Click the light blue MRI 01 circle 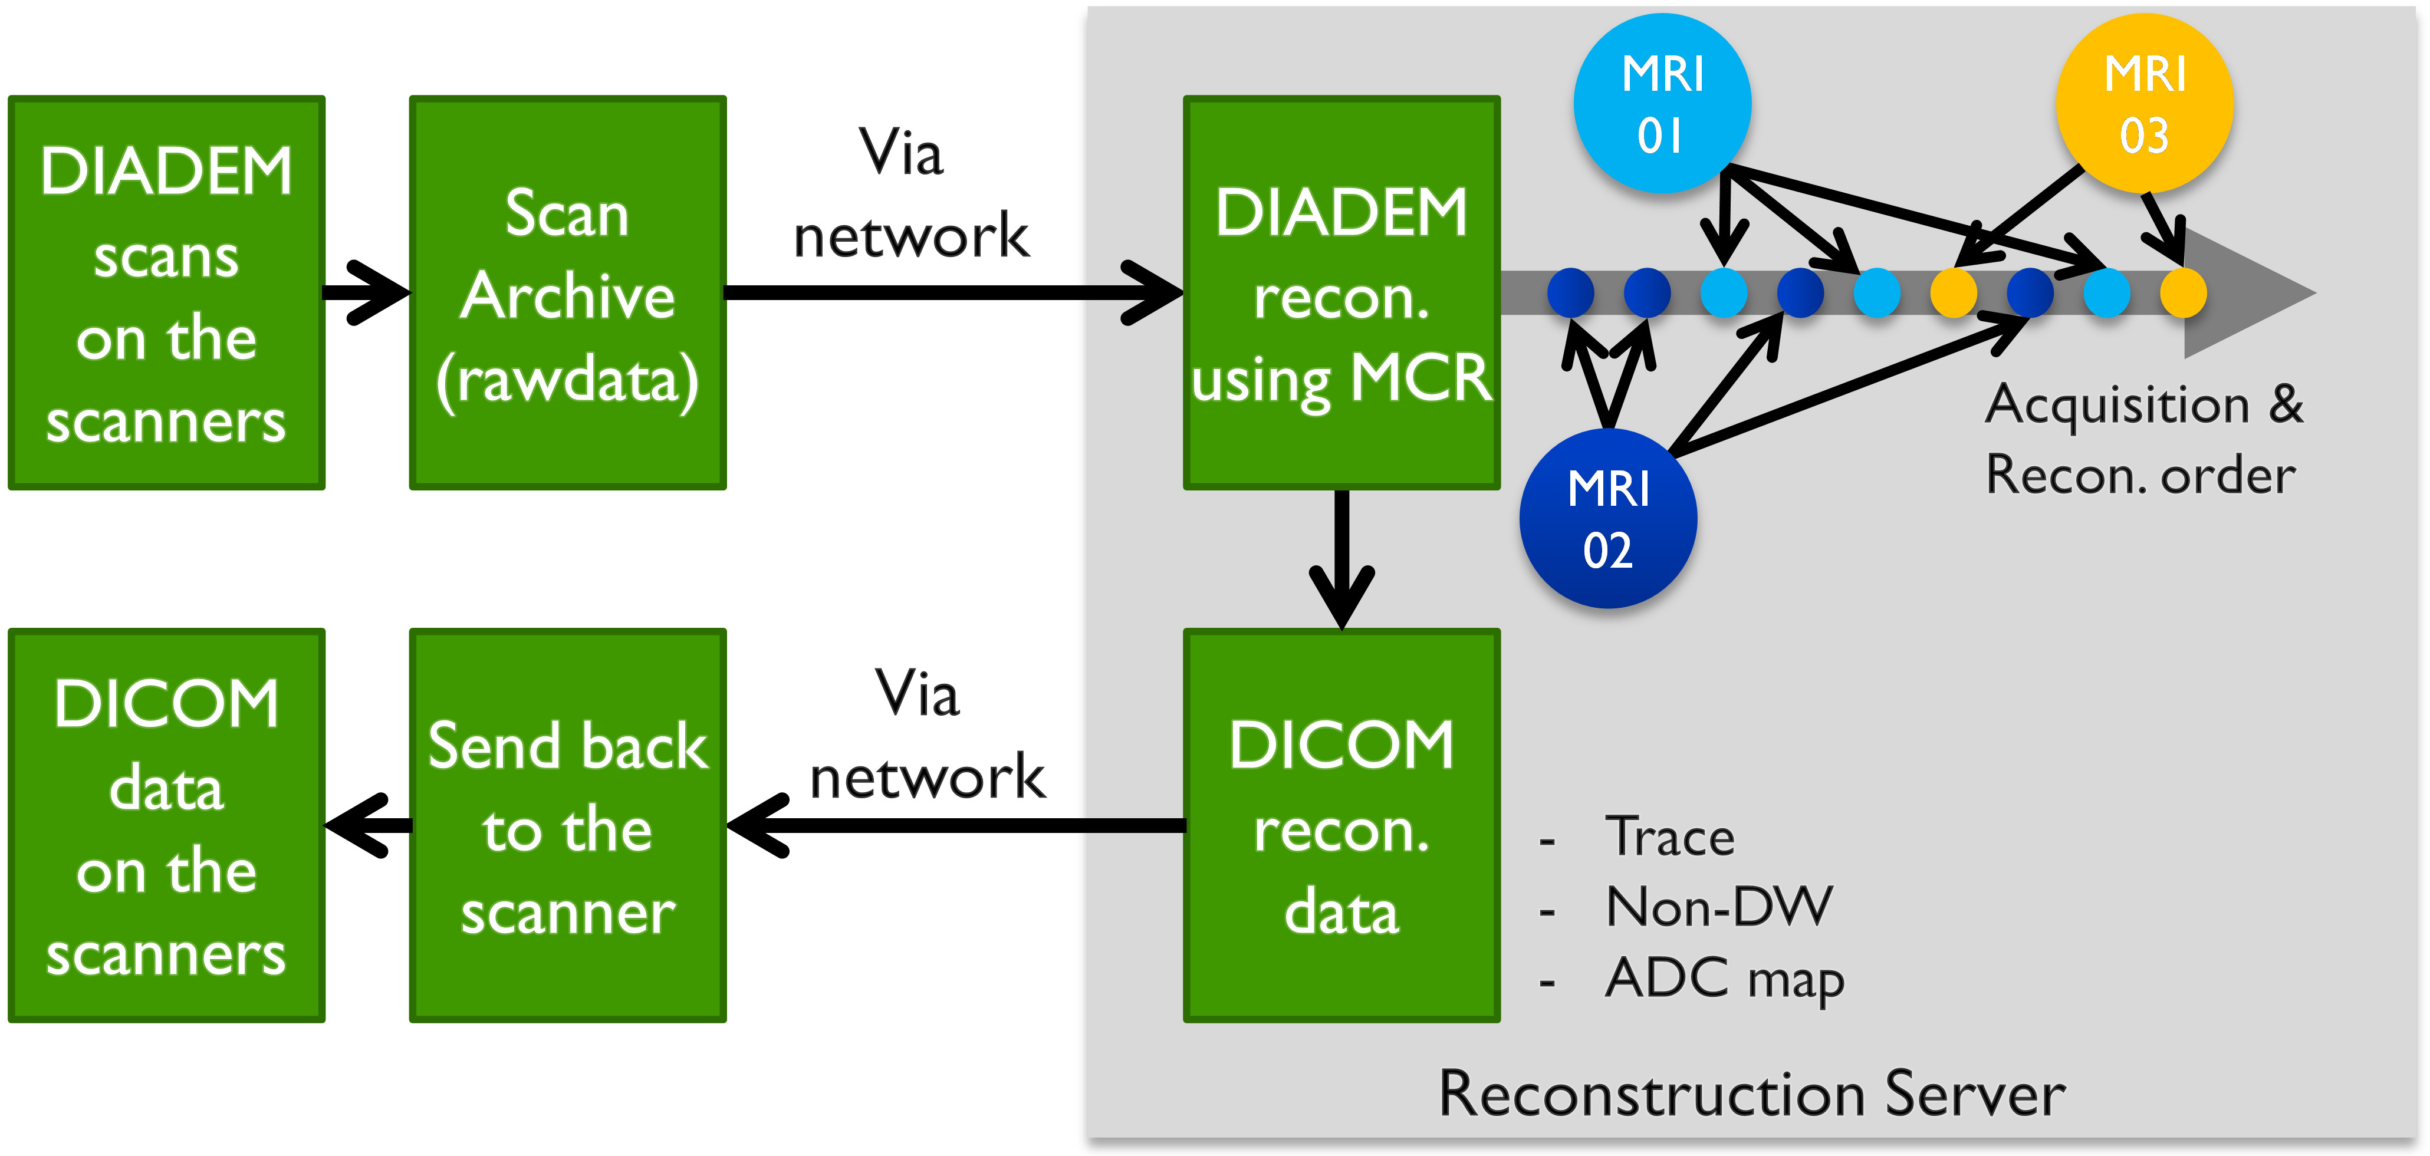(1662, 104)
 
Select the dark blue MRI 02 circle (1609, 519)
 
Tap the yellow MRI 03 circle (2144, 104)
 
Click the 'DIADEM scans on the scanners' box (167, 292)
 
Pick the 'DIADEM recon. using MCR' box (1341, 292)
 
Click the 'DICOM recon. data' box (1341, 825)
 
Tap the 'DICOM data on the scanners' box (167, 825)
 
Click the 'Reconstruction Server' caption (1752, 1094)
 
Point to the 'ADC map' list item (1724, 978)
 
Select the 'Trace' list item (1670, 836)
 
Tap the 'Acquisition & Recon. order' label (2143, 439)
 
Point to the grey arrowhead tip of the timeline (2301, 292)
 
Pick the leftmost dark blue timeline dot (1571, 292)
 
